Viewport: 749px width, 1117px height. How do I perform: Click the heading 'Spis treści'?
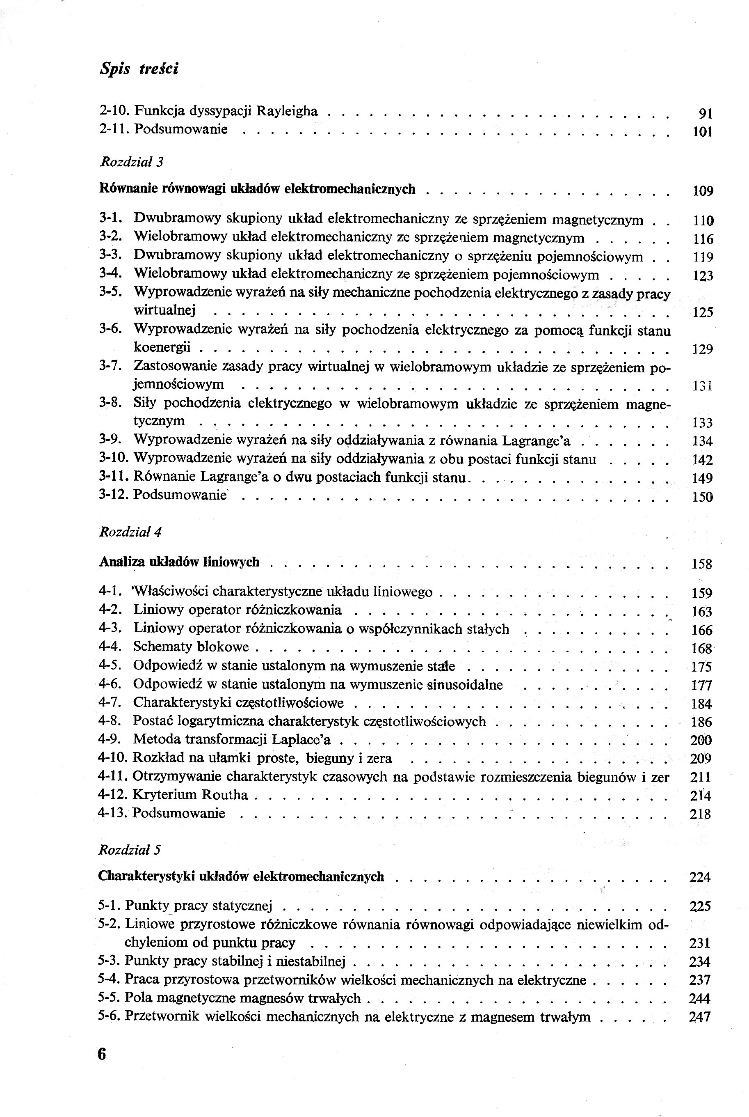pos(139,69)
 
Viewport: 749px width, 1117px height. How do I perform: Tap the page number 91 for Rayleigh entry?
pos(706,114)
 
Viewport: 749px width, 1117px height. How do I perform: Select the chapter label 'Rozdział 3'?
pos(131,162)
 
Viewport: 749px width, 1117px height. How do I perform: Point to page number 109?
pos(703,191)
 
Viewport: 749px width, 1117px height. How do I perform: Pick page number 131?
pos(702,386)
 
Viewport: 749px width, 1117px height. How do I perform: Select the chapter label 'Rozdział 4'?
pos(130,532)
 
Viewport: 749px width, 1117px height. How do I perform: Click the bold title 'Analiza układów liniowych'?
pos(179,562)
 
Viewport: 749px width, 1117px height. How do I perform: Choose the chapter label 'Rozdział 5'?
pos(130,850)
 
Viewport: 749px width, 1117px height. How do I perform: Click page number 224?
pos(700,877)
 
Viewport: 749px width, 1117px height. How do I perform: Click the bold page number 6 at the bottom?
pos(102,1054)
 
